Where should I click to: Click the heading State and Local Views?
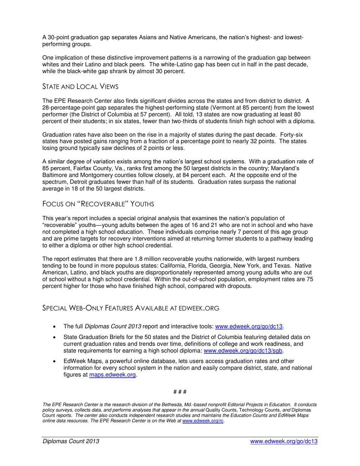80,87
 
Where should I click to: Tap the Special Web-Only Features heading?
131,308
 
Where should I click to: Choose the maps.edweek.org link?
112,375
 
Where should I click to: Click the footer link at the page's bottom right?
284,441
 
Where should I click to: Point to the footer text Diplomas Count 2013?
71,441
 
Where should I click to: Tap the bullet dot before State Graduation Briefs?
56,337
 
